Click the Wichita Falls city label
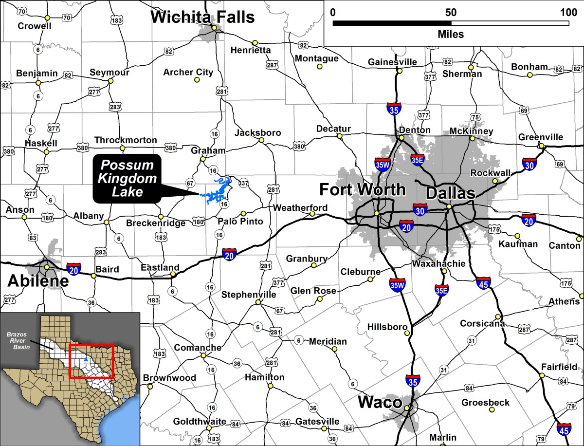202,18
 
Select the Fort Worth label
362,189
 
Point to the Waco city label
380,403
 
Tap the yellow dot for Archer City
197,79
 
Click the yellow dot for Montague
320,66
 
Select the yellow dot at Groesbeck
492,410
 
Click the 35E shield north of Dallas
417,159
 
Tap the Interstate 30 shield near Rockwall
530,164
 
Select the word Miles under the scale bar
451,35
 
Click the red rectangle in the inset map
91,361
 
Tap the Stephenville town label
249,295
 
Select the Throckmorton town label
126,140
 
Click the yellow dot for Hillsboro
407,333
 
